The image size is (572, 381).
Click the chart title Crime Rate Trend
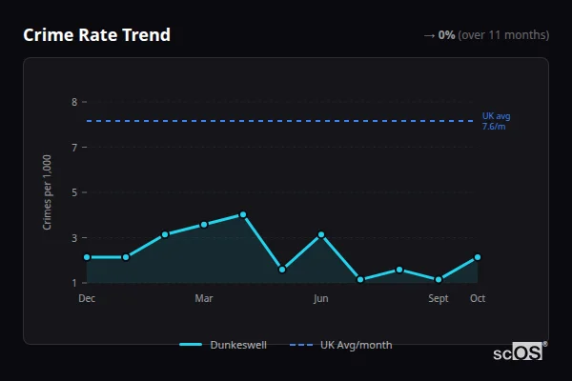(x=97, y=35)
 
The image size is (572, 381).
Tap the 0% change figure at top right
(x=446, y=35)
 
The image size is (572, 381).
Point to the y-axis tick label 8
(x=73, y=102)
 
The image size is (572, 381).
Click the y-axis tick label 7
(x=73, y=148)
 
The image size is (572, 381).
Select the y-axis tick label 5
(x=73, y=192)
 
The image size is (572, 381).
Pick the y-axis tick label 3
(x=73, y=238)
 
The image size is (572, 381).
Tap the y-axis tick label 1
(x=73, y=283)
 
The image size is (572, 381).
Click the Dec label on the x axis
(x=87, y=298)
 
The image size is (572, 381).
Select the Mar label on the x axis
(x=204, y=298)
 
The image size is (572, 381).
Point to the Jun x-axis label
(x=321, y=298)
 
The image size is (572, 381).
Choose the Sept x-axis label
(x=439, y=298)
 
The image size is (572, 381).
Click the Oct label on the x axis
(x=478, y=298)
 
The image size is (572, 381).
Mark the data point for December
(x=87, y=257)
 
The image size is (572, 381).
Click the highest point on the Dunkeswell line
(x=243, y=214)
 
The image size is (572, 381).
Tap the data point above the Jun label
(x=321, y=234)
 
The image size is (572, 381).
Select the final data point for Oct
(x=478, y=257)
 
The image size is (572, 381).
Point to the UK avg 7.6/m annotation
(x=496, y=121)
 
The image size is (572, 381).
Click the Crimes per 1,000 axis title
(x=48, y=192)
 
